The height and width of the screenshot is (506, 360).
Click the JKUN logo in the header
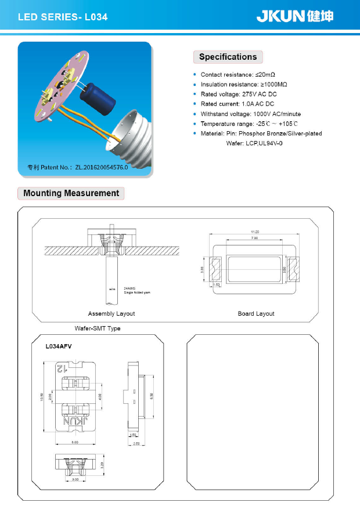[x=295, y=16]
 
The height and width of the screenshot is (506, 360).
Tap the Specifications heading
[x=228, y=57]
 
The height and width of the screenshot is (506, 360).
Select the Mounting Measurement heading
[x=71, y=193]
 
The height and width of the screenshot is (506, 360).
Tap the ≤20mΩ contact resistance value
[x=265, y=75]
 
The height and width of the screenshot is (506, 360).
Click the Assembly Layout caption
[x=111, y=314]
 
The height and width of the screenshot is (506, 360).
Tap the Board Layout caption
[x=256, y=314]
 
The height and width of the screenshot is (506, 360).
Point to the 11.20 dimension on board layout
[x=254, y=232]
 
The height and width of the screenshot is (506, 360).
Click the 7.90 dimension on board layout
[x=254, y=238]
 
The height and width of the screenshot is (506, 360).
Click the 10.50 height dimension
[x=41, y=397]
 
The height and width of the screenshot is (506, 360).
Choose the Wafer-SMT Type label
[x=98, y=328]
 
